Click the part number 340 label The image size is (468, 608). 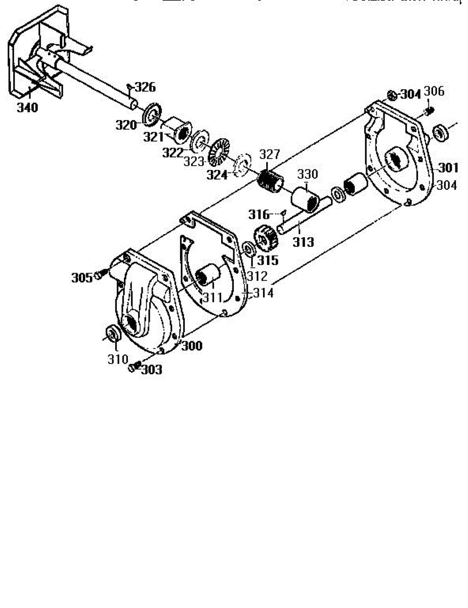(x=27, y=108)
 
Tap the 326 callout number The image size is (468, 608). (x=145, y=87)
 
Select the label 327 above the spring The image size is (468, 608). (x=270, y=154)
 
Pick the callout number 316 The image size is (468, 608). (x=259, y=214)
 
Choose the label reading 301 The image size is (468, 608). (x=448, y=167)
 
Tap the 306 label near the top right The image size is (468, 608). (x=434, y=91)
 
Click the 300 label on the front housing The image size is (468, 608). (x=192, y=346)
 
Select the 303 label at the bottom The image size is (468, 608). (x=151, y=370)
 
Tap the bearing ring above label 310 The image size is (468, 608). (x=112, y=334)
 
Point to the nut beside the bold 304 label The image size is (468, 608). (x=392, y=95)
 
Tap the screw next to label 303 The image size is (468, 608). (x=135, y=366)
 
